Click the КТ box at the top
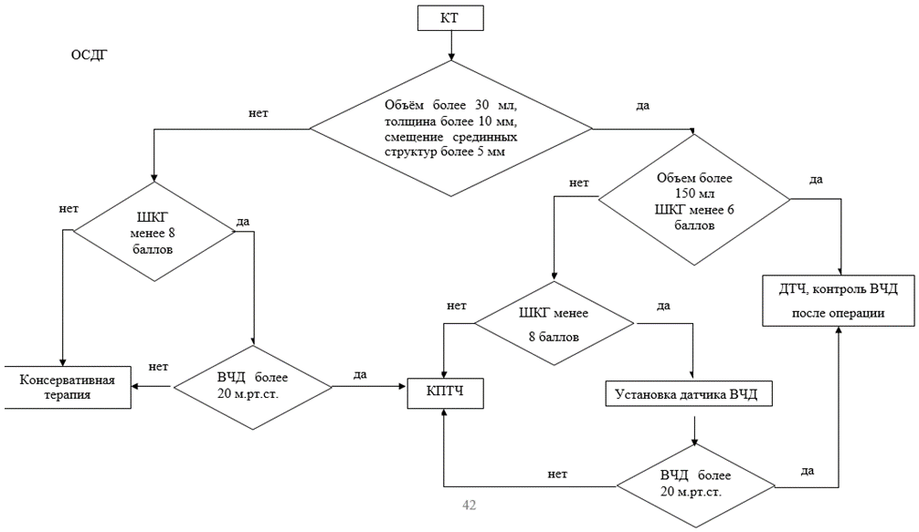449,17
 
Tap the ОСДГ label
90,57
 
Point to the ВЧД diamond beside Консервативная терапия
252,387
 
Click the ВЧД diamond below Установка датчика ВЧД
695,485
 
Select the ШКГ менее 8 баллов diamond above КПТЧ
553,324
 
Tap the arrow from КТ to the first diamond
450,47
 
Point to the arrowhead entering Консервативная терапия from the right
135,386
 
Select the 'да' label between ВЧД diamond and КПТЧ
360,374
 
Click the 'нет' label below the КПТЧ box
557,474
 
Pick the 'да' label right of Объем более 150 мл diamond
816,179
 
